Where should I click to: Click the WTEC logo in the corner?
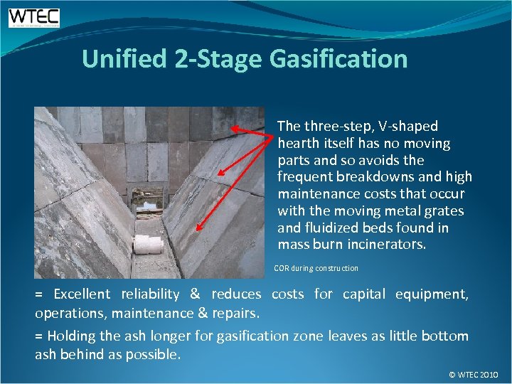pos(33,17)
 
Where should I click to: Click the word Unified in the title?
pos(124,58)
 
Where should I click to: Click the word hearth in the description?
pos(299,143)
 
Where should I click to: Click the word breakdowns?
pos(375,177)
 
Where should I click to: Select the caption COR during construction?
pos(316,268)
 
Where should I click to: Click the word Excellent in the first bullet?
pos(82,294)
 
